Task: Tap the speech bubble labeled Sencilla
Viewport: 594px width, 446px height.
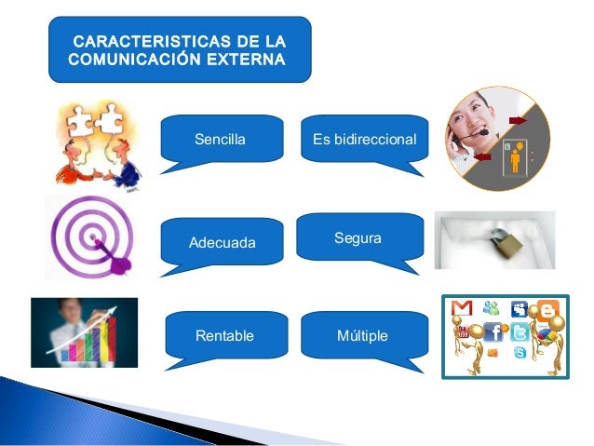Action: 222,140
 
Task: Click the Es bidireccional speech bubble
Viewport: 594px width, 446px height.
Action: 364,140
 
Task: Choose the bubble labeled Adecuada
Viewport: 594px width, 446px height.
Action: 222,243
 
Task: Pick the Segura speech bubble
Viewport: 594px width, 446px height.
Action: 358,239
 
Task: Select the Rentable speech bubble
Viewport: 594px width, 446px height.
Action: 224,335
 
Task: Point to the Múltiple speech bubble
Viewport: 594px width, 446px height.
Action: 363,335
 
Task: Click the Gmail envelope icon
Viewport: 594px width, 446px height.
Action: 461,308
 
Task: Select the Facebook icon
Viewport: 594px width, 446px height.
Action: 493,331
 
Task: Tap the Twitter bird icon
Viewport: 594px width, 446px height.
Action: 522,333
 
